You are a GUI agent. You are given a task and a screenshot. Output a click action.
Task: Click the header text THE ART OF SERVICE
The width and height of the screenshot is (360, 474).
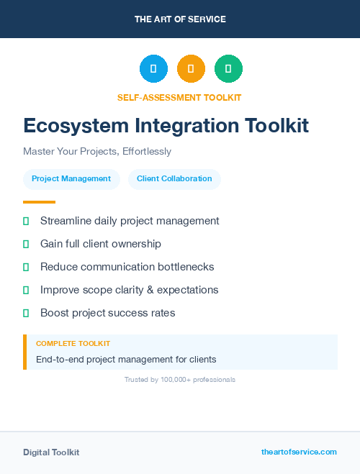pos(180,19)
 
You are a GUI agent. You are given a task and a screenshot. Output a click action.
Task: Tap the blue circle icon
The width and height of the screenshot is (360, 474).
pos(153,69)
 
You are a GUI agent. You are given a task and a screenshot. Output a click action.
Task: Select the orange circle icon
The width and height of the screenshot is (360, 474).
pos(191,69)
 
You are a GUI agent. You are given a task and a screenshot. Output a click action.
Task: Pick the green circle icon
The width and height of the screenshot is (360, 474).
pos(228,69)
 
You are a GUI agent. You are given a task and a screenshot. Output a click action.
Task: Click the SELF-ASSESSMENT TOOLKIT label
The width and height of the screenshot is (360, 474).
pos(180,97)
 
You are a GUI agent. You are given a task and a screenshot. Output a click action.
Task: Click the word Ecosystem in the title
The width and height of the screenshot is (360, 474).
pos(68,126)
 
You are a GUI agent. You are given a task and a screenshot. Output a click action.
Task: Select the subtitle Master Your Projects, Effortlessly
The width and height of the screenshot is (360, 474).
pos(97,152)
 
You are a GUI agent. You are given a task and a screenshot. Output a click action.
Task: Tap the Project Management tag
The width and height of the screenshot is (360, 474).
pos(71,179)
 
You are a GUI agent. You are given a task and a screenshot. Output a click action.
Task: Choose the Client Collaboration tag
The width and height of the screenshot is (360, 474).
pos(174,179)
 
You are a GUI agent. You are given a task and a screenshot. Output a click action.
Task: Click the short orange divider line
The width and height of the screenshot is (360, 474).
pos(39,202)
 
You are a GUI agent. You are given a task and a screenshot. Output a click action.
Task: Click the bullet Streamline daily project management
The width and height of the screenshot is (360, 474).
pos(130,221)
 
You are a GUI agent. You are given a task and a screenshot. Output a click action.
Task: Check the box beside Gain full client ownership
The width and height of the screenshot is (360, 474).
pos(26,244)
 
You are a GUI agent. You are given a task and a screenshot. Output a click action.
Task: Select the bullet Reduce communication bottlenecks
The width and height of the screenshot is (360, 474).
pos(127,267)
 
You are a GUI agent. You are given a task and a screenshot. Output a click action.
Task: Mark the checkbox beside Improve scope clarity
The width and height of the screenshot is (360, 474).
pos(26,290)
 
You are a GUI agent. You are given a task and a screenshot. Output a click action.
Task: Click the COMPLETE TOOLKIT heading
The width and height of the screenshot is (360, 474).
pos(73,344)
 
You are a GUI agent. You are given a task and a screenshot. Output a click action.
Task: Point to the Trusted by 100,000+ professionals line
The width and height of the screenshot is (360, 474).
pos(180,380)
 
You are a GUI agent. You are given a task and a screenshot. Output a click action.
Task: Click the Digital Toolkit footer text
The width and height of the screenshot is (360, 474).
pos(51,452)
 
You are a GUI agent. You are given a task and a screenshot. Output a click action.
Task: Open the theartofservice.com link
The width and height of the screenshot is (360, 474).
pos(299,452)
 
